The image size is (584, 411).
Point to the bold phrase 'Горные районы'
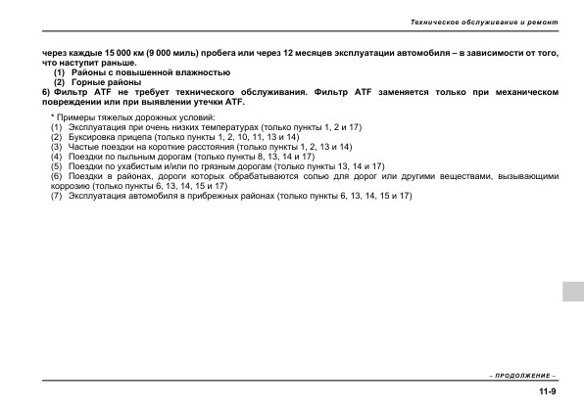click(99, 82)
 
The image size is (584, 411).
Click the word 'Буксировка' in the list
click(90, 138)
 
